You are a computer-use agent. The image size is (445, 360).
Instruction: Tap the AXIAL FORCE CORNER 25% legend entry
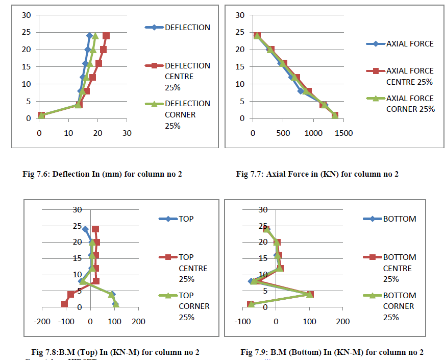(410, 103)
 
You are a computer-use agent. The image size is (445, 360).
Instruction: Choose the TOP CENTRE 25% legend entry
(193, 268)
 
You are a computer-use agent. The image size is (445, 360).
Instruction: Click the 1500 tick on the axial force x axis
(342, 134)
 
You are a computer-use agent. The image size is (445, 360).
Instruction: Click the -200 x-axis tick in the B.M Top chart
(42, 322)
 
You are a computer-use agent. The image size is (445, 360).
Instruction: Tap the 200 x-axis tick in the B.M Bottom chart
(342, 322)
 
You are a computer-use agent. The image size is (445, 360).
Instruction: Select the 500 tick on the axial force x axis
(282, 134)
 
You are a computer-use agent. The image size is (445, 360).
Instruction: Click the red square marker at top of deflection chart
(106, 36)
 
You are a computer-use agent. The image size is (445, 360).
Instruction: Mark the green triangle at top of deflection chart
(95, 36)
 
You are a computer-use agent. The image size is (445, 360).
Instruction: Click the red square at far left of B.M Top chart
(64, 304)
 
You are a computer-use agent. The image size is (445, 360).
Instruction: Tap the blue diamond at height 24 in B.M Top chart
(85, 229)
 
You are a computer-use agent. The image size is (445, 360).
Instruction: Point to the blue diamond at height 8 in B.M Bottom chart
(251, 281)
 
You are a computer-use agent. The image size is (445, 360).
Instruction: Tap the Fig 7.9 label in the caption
(254, 352)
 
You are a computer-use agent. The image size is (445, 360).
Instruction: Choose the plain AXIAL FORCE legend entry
(410, 44)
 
